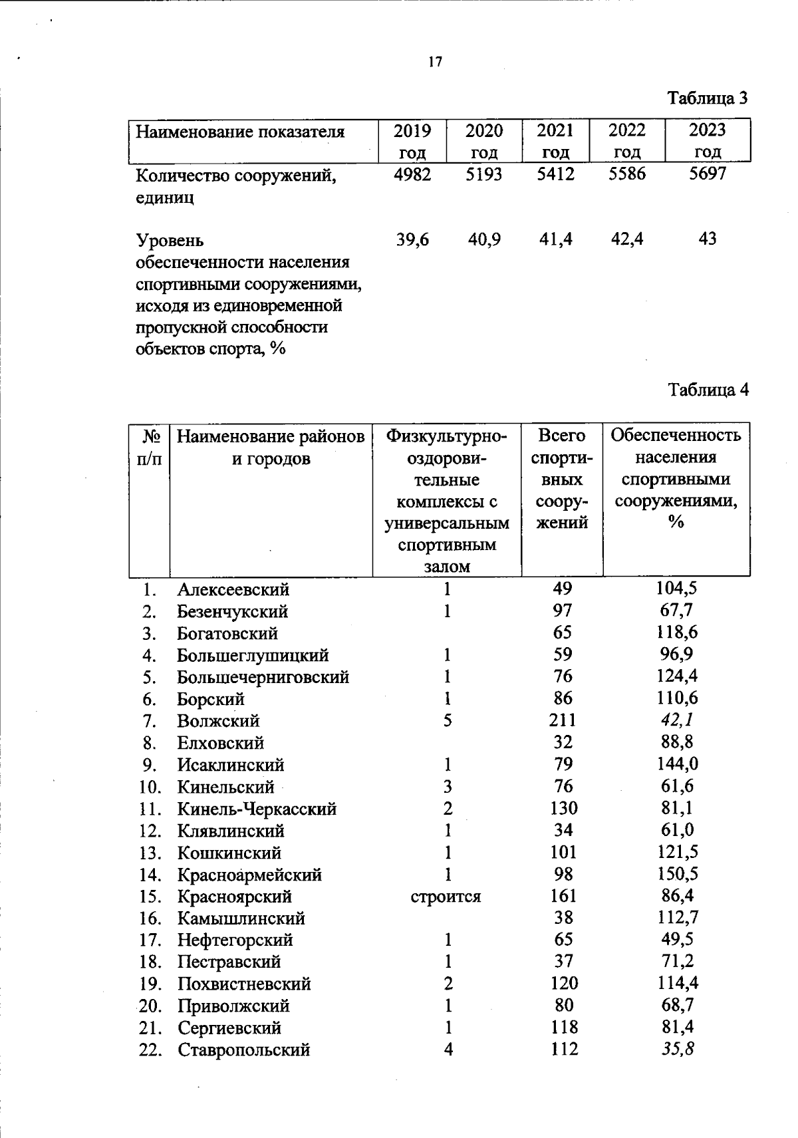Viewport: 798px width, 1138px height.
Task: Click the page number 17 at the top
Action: tap(435, 63)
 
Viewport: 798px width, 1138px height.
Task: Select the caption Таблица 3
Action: tap(708, 99)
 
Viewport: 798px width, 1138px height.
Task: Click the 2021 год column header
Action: tap(555, 140)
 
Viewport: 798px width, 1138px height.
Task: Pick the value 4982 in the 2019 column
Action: tap(412, 175)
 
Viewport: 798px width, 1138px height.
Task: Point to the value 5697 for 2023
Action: tap(708, 175)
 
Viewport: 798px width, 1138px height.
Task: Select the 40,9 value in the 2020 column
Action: tap(483, 239)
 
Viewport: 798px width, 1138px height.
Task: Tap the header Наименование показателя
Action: tap(240, 131)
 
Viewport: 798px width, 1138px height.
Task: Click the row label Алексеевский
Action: tap(233, 589)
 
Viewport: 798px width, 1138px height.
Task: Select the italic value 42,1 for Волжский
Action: tap(676, 720)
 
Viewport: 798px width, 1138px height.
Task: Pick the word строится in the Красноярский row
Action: tap(446, 896)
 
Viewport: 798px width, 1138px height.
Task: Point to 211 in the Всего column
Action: tap(562, 720)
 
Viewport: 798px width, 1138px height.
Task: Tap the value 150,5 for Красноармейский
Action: tap(676, 874)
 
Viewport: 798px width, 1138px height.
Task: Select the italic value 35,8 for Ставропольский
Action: tap(676, 1050)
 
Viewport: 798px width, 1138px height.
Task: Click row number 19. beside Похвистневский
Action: tap(150, 984)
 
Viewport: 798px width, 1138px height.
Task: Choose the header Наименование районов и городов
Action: tap(270, 448)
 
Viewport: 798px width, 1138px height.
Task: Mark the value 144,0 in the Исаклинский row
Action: tap(676, 764)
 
